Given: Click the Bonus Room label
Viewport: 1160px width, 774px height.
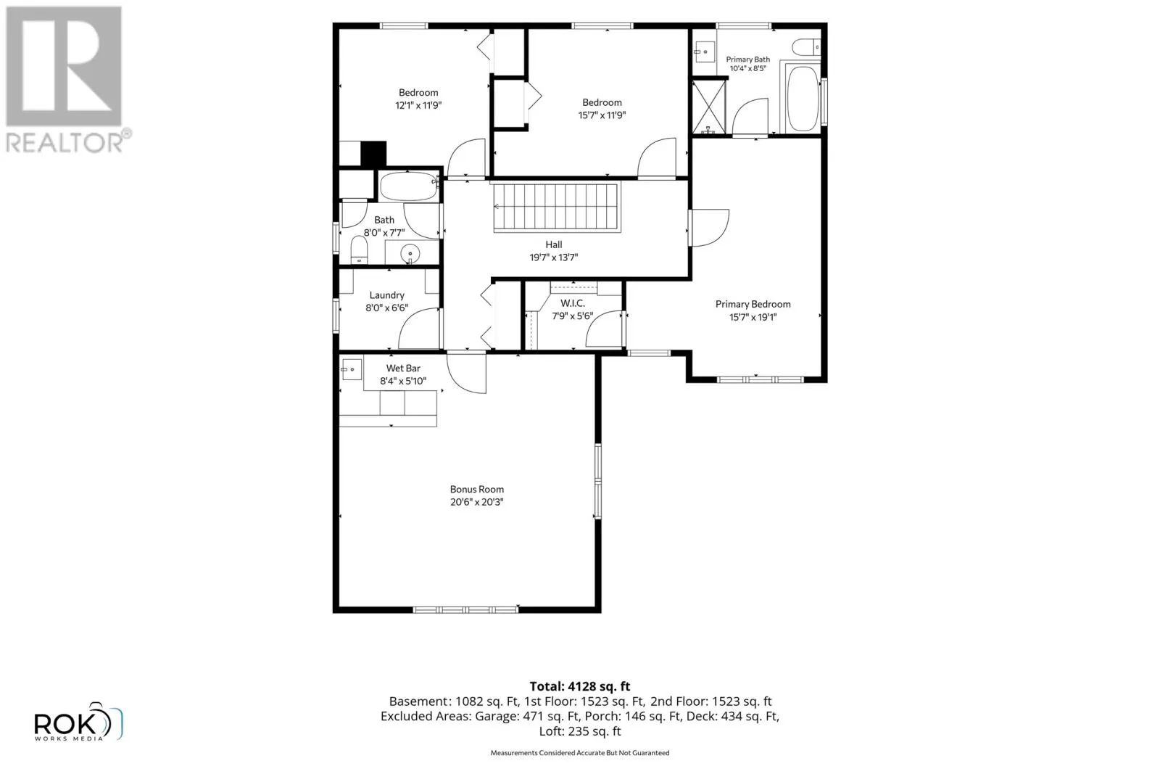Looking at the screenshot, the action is point(476,489).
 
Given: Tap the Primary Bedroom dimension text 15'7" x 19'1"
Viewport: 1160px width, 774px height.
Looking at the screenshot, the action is point(753,317).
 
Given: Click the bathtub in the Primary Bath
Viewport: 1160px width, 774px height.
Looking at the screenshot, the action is point(802,97).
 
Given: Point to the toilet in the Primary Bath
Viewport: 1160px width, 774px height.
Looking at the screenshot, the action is point(806,46).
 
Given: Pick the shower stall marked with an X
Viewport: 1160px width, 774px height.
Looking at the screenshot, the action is point(710,107).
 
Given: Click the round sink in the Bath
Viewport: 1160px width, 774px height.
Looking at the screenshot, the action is point(410,253).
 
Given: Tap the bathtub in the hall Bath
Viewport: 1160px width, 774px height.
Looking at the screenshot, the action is point(409,186).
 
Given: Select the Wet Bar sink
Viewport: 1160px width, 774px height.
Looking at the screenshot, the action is point(351,369).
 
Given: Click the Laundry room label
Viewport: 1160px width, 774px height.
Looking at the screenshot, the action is point(387,295).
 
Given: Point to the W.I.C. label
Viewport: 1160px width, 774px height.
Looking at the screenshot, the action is point(572,304).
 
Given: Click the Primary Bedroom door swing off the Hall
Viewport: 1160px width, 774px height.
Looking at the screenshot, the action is point(709,228).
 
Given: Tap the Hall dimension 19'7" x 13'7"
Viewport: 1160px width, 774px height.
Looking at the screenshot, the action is point(554,257).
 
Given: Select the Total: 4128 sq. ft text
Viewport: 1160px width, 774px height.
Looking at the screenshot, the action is point(579,686).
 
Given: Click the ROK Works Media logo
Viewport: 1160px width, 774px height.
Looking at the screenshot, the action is point(78,722).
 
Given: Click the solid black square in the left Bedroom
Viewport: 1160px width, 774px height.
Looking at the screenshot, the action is point(373,154).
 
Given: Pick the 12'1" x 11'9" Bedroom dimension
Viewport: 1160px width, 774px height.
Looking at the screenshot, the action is point(418,105).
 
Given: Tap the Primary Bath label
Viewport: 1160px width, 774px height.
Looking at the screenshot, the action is point(747,59).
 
